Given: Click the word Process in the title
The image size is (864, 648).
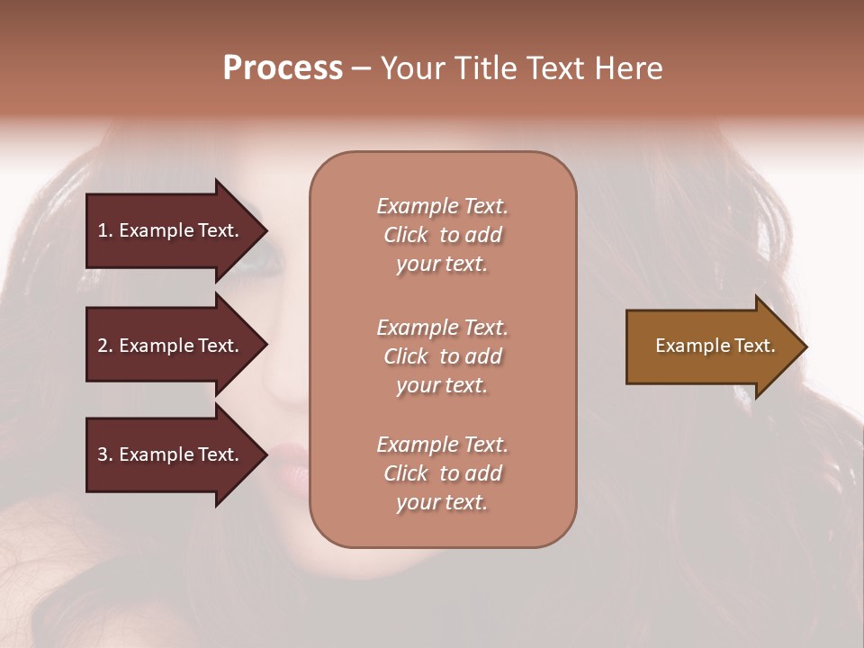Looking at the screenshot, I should tap(283, 68).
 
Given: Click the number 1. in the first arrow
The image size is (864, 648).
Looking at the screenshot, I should tap(105, 230).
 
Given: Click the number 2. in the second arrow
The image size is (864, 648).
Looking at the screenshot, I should tap(105, 346).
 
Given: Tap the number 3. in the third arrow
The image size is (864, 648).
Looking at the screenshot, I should tap(105, 454).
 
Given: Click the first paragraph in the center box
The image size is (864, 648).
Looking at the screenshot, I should tap(443, 235).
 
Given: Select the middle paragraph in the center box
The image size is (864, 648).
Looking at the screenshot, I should tap(443, 356).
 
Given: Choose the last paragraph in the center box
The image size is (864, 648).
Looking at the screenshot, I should tap(443, 473).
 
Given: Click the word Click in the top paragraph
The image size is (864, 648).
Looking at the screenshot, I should tap(406, 235).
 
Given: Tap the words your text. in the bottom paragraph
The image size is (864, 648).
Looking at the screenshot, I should tap(442, 502).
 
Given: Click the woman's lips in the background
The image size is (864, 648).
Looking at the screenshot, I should tap(290, 455).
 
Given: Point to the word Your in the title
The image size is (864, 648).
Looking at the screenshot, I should tap(413, 68).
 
